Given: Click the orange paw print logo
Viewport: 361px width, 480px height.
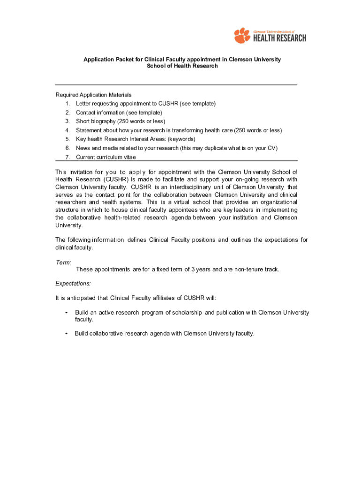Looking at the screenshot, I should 242,36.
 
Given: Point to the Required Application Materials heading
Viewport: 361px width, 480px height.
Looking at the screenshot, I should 93,95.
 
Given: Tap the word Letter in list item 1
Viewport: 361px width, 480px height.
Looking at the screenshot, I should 83,104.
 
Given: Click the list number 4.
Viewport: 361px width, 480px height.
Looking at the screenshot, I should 68,130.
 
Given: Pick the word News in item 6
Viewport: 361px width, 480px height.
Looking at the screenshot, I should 83,148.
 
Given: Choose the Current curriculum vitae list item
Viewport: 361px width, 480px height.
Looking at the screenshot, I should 106,157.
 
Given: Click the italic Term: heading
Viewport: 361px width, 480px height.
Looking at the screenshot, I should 63,263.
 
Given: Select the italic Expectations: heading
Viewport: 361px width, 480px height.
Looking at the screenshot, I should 73,284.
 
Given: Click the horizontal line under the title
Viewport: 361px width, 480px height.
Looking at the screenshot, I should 176,85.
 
